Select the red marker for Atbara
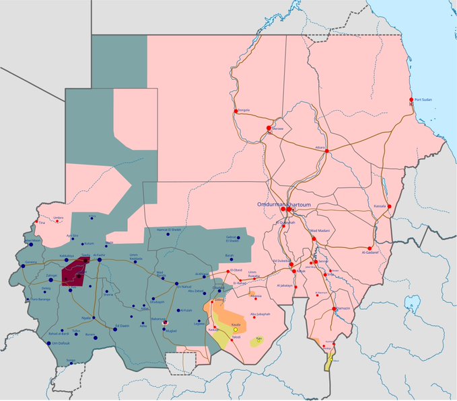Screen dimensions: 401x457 coord(327,151)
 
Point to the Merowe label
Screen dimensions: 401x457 coord(278,128)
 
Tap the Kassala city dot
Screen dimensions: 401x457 coord(390,207)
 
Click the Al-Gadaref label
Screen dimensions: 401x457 coord(371,253)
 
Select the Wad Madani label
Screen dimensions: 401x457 coord(322,231)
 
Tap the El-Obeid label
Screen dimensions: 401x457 coord(237,270)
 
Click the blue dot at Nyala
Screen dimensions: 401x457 coord(94,318)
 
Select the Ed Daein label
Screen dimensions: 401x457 coord(122,326)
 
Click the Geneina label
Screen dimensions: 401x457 coord(31,262)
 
